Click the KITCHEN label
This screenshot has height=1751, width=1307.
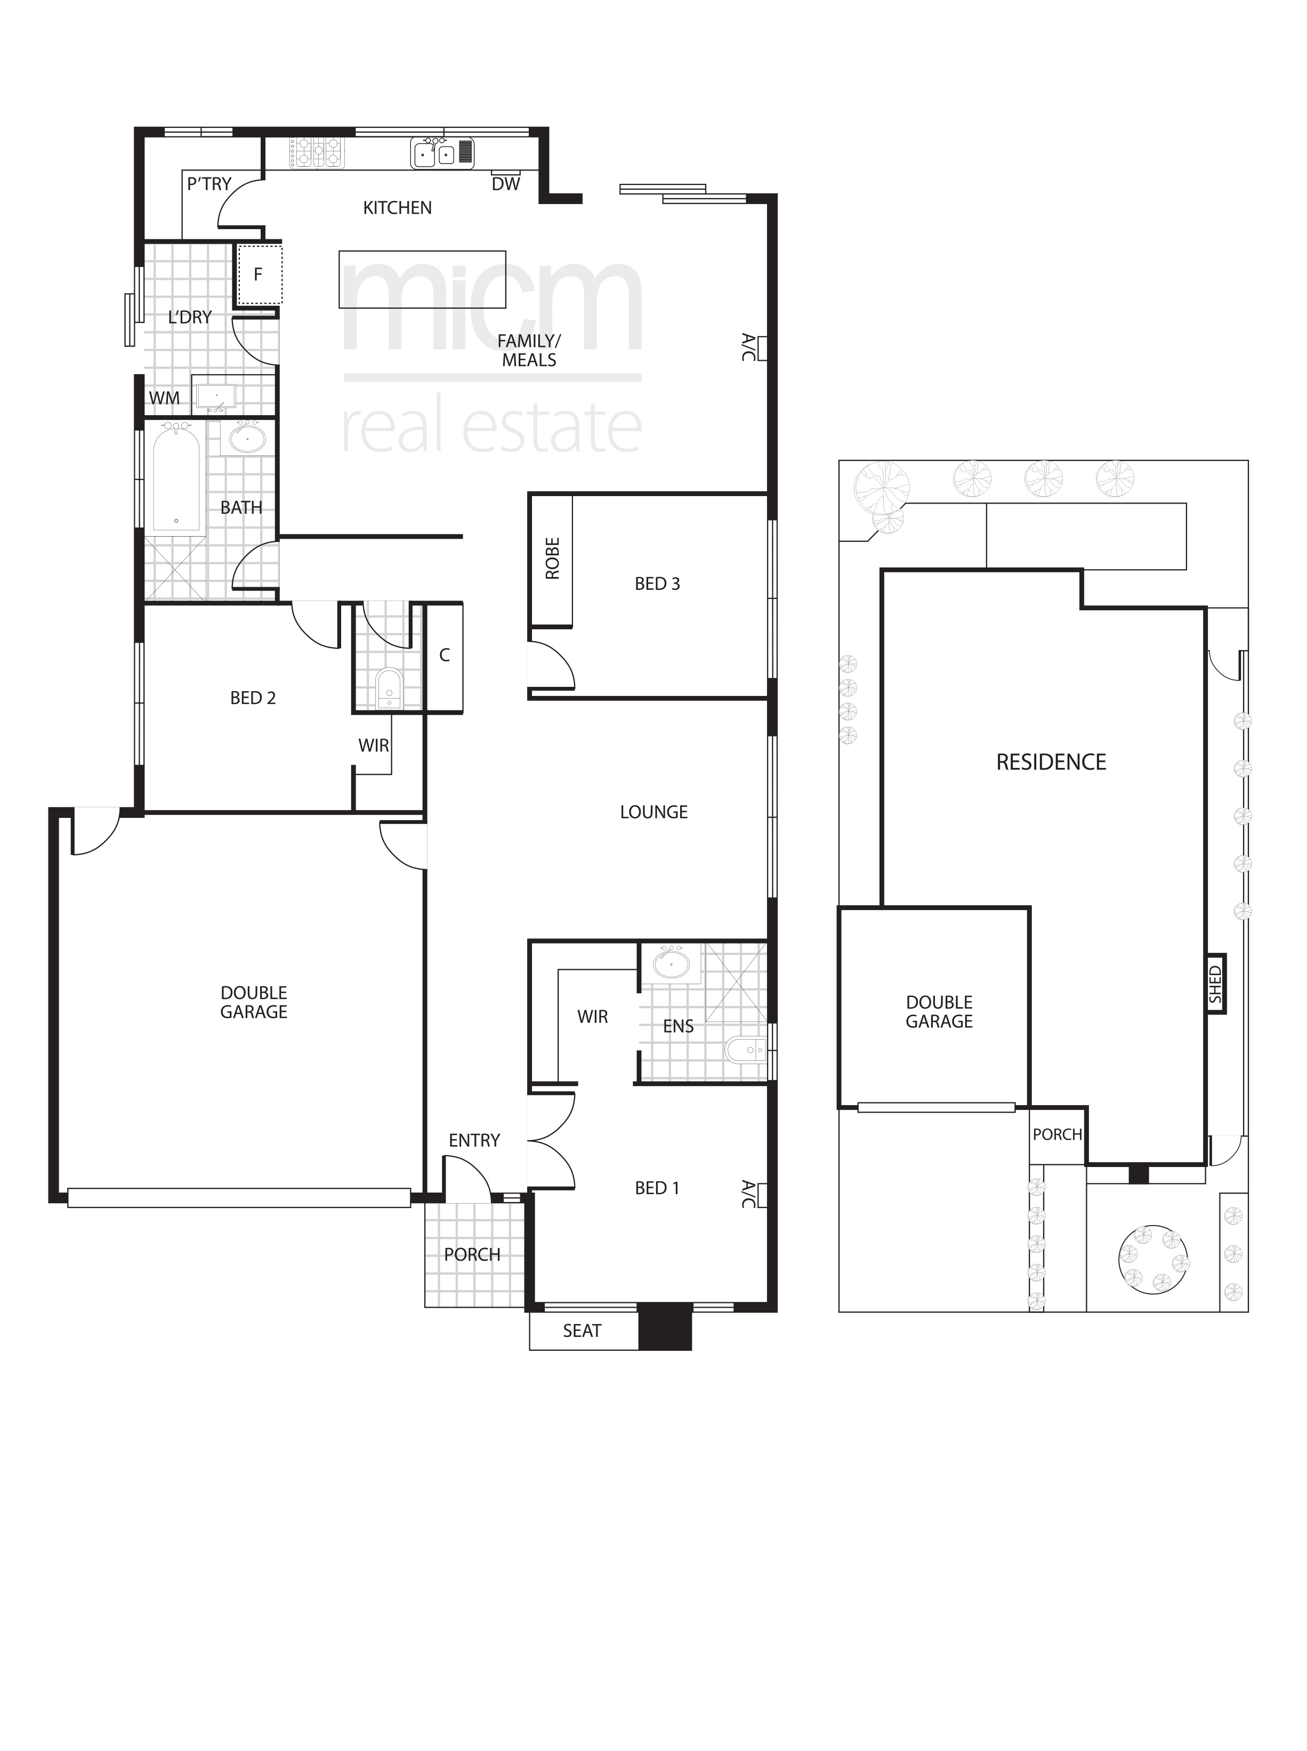tap(397, 208)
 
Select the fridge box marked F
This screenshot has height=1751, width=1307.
tap(259, 274)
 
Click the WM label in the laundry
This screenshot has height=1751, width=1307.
tap(165, 399)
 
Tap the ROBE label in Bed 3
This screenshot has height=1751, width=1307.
tap(552, 558)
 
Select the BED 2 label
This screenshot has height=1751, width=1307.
tap(253, 698)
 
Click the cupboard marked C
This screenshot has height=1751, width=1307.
tap(445, 655)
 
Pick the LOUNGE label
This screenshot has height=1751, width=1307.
tap(653, 812)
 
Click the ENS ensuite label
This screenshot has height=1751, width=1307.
tap(678, 1026)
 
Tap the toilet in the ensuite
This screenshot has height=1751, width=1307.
tap(745, 1050)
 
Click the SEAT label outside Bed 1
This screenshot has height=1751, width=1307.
tap(582, 1331)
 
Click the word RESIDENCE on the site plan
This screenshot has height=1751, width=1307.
tap(1051, 763)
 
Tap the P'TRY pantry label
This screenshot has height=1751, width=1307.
tap(209, 184)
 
